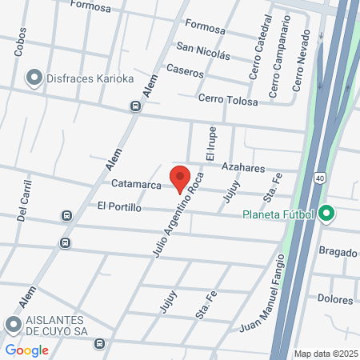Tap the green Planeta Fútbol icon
(x=326, y=214)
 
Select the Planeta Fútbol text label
(x=278, y=214)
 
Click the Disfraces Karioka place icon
(x=34, y=78)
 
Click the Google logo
(x=27, y=350)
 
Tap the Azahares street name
(x=242, y=167)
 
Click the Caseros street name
(x=184, y=70)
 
